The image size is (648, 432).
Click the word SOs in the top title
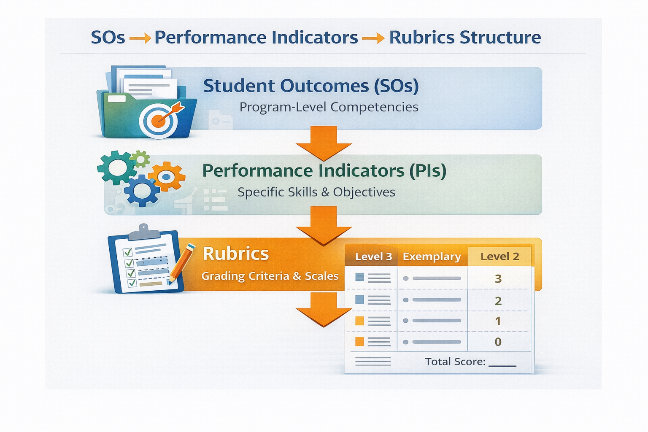tap(108, 38)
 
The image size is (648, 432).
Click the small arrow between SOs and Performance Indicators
tap(140, 39)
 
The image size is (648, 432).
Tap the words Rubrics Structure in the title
tap(464, 38)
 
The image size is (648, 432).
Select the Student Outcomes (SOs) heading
tap(311, 86)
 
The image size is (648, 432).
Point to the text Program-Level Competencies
tap(329, 107)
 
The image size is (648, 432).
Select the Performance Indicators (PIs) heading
tap(324, 171)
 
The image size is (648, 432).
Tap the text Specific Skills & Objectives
tap(316, 192)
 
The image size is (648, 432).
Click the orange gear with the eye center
tap(167, 176)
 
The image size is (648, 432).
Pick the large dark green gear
tap(116, 167)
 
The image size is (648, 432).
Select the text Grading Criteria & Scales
tap(270, 276)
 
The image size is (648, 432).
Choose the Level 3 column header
tap(373, 256)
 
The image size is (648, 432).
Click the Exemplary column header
tap(432, 256)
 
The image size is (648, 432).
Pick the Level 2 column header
tap(499, 256)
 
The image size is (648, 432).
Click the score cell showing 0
tap(498, 342)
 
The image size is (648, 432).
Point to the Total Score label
tap(455, 362)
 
